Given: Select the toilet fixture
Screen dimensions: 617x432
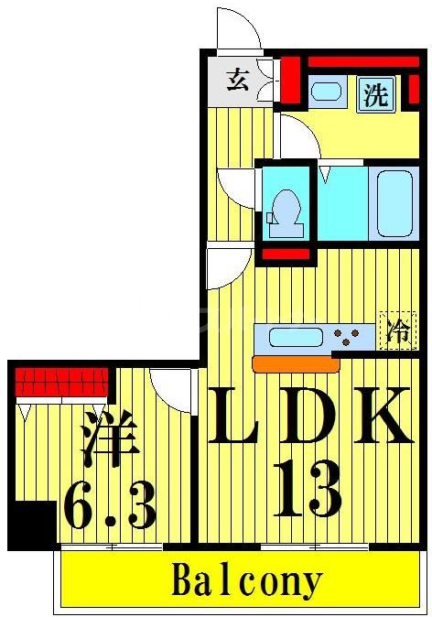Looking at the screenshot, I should (286, 208).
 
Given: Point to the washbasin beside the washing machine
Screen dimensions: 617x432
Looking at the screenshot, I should (326, 92).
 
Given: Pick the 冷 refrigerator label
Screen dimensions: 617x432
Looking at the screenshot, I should (398, 330).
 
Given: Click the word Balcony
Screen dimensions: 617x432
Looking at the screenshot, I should (246, 580).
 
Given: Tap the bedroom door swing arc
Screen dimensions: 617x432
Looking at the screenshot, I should (172, 384).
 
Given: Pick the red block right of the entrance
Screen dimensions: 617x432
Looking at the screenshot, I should (291, 81).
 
